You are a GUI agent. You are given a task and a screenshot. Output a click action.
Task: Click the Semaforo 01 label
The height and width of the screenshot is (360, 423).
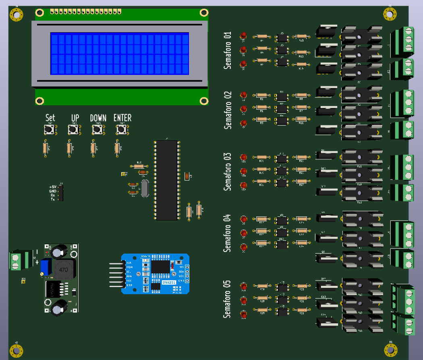pyautogui.click(x=228, y=50)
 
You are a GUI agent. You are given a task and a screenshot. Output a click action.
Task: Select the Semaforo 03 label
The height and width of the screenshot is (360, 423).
pyautogui.click(x=228, y=171)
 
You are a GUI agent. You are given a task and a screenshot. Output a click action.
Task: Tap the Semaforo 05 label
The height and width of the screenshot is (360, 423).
pyautogui.click(x=228, y=299)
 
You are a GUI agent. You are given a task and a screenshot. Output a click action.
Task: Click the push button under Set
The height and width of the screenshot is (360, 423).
pyautogui.click(x=50, y=129)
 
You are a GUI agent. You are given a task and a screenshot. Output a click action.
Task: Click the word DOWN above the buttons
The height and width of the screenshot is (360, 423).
pyautogui.click(x=98, y=118)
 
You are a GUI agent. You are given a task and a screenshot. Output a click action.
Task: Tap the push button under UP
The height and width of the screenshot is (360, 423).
pyautogui.click(x=73, y=129)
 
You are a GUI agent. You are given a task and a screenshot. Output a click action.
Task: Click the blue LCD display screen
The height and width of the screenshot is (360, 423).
pyautogui.click(x=119, y=54)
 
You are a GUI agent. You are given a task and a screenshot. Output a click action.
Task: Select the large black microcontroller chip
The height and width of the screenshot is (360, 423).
pyautogui.click(x=167, y=180)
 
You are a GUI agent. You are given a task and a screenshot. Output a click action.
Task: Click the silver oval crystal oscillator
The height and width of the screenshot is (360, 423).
pyautogui.click(x=145, y=188)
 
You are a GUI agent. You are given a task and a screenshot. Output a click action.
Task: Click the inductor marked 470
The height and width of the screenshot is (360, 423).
pyautogui.click(x=63, y=269)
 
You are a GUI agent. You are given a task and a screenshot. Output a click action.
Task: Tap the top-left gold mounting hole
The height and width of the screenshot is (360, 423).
pyautogui.click(x=17, y=15)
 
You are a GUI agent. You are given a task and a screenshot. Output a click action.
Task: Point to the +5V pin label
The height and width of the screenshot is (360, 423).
pyautogui.click(x=53, y=187)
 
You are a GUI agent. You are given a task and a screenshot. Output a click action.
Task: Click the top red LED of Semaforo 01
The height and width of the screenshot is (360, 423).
pyautogui.click(x=243, y=36)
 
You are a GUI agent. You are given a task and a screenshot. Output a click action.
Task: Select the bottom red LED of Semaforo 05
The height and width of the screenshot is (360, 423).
pyautogui.click(x=243, y=314)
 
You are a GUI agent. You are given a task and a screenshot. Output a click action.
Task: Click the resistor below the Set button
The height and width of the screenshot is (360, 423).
pyautogui.click(x=45, y=148)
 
